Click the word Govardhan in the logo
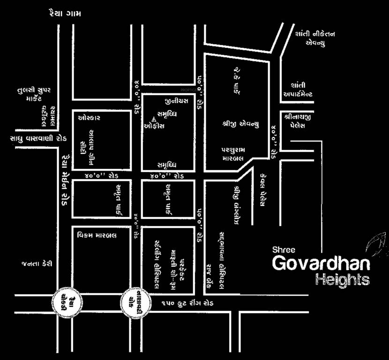321,264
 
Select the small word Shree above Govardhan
284,250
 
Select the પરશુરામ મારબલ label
239,154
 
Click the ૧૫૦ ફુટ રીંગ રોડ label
187,304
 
